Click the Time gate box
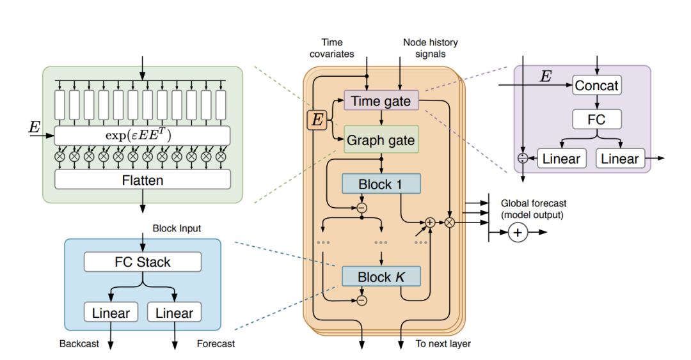tap(381, 102)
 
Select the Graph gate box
tap(381, 140)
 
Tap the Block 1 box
tap(381, 184)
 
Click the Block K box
tap(381, 277)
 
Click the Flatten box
tap(142, 180)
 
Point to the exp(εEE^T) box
tap(142, 135)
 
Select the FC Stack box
tap(142, 262)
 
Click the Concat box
tap(597, 86)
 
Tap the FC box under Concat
tap(597, 120)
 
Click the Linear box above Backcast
tap(110, 313)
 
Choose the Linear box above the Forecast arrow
tap(174, 313)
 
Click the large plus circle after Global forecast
tap(518, 233)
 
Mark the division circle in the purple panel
tap(523, 158)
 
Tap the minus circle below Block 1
tap(362, 208)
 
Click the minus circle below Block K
tap(362, 300)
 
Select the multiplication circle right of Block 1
tap(450, 223)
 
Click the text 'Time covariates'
tap(332, 49)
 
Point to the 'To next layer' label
tap(443, 344)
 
